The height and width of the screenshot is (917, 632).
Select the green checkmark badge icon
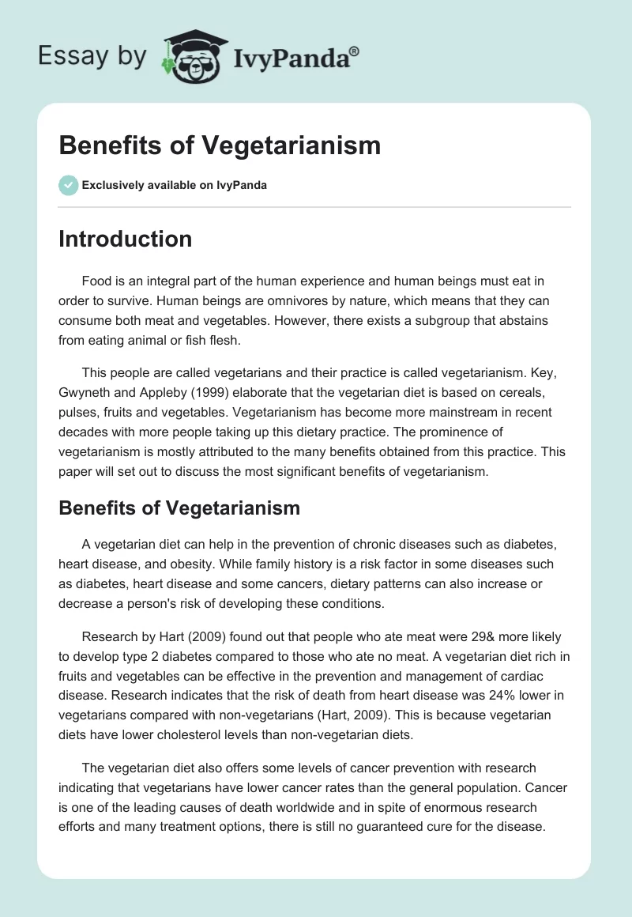[x=68, y=185]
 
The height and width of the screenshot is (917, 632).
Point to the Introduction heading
[x=125, y=239]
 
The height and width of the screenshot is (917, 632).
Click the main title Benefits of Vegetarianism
[x=220, y=145]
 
